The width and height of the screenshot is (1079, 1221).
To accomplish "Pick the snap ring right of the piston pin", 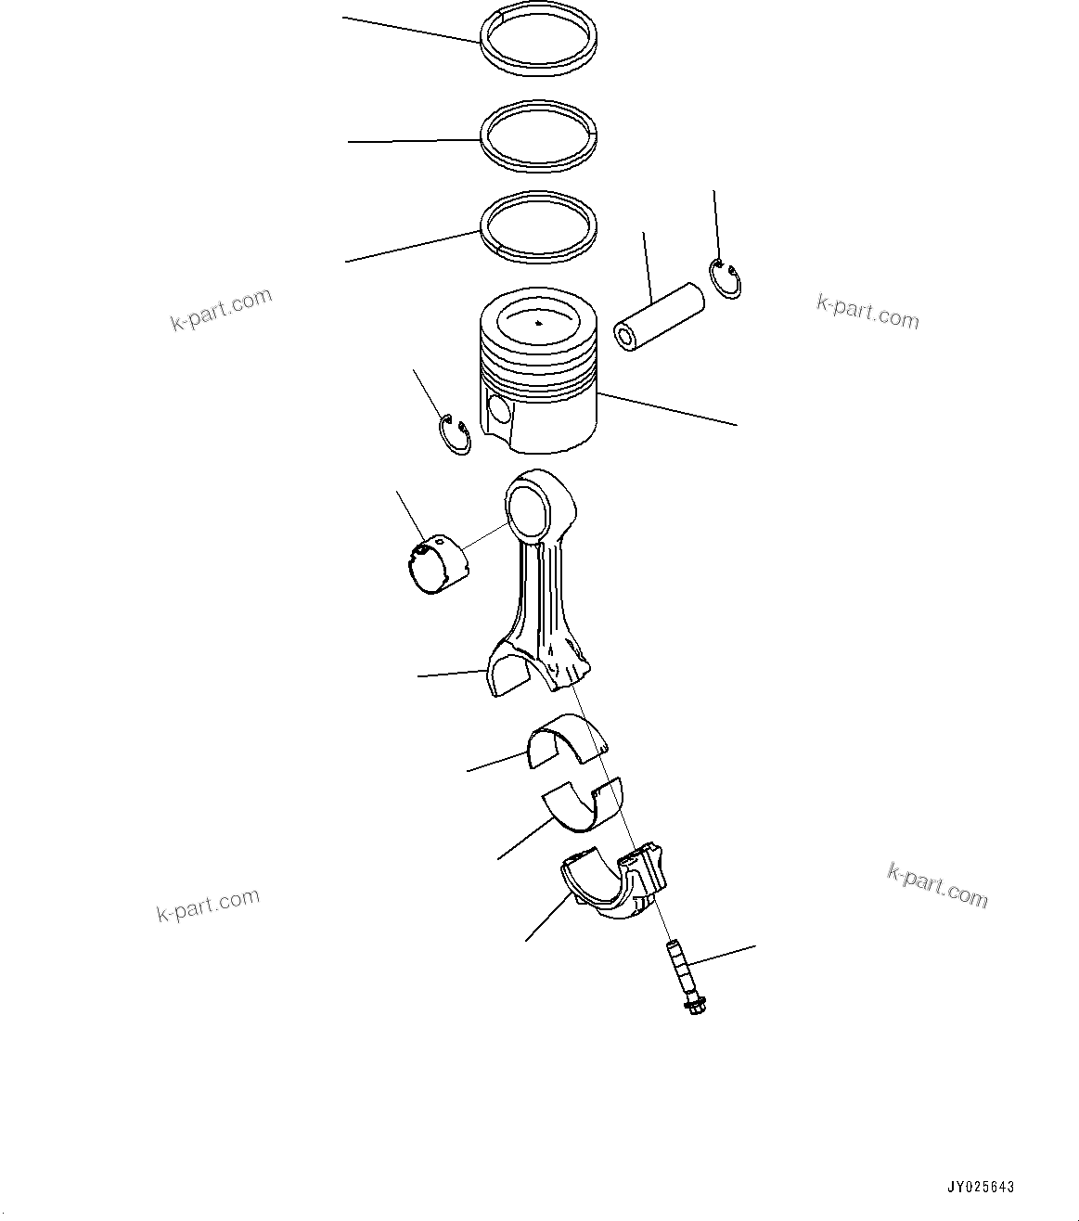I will click(x=725, y=279).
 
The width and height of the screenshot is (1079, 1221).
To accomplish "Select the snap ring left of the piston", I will click(x=454, y=435).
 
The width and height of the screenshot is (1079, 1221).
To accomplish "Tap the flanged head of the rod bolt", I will click(x=691, y=1005).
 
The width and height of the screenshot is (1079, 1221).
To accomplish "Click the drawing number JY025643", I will click(x=981, y=1187).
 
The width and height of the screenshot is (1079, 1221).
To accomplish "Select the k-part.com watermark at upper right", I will click(x=867, y=312).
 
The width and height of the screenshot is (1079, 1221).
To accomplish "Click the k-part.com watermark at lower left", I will click(x=208, y=904).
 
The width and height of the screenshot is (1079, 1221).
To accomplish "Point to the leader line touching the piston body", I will click(x=668, y=409).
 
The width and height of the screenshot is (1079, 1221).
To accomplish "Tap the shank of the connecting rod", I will click(x=543, y=594).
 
